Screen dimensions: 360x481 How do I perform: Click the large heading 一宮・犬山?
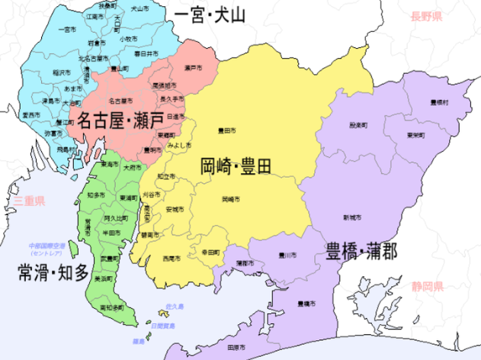[210, 15]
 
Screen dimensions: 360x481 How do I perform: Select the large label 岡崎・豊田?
[236, 165]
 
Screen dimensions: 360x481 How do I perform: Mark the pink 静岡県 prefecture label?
[428, 287]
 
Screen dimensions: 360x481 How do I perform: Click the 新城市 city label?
[351, 217]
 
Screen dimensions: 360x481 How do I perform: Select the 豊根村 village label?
[439, 101]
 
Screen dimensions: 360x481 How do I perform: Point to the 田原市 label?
[236, 348]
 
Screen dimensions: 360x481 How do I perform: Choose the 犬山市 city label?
[139, 8]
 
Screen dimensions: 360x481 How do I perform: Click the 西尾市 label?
[172, 259]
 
